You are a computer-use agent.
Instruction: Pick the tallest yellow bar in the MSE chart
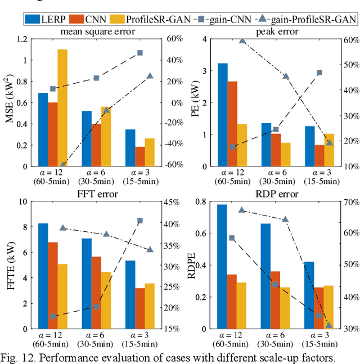click(x=62, y=107)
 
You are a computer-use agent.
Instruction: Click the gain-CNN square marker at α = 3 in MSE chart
click(x=140, y=53)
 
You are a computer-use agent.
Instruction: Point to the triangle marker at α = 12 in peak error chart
click(x=242, y=41)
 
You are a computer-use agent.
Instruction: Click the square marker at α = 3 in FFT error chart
click(x=140, y=221)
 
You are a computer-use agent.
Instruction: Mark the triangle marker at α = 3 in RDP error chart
click(x=329, y=325)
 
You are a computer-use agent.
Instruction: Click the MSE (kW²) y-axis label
click(x=9, y=102)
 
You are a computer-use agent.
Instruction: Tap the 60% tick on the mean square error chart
click(x=171, y=39)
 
